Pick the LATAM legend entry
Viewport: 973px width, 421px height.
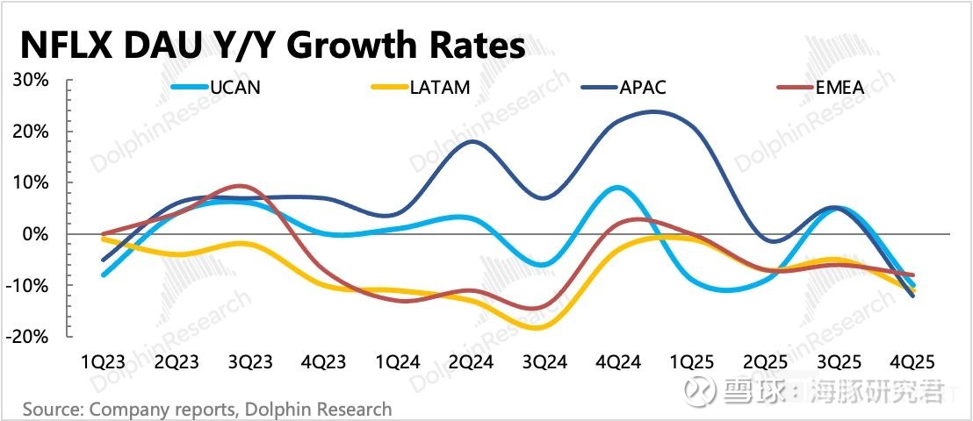point(439,87)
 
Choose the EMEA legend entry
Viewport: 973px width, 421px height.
point(839,87)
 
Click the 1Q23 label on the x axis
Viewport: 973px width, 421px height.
point(104,361)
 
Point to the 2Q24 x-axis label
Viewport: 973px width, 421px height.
point(472,361)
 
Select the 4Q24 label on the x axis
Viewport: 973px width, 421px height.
point(619,361)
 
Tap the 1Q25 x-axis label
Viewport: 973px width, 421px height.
point(693,361)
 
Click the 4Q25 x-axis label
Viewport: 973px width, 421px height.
point(913,361)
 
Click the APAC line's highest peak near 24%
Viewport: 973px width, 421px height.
point(654,111)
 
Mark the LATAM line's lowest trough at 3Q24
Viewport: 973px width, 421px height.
point(538,327)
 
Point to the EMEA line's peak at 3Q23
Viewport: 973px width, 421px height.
point(239,186)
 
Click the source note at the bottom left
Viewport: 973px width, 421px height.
point(207,409)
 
